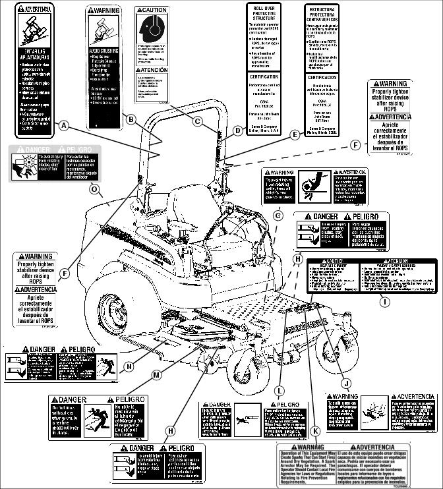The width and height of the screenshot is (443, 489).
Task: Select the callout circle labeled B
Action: [131, 119]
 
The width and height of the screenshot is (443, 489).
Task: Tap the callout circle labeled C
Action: [197, 120]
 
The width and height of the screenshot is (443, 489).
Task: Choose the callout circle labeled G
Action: [278, 215]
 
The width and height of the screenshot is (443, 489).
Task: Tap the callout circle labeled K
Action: [316, 431]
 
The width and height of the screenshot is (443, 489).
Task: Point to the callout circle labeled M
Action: [157, 375]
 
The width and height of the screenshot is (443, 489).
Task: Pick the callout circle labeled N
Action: [129, 366]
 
